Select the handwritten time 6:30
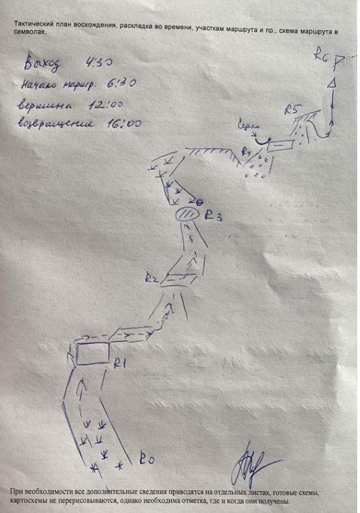click(x=120, y=85)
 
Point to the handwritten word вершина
click(x=46, y=104)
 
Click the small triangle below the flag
click(x=333, y=84)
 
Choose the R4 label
click(x=245, y=150)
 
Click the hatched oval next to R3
click(x=186, y=214)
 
